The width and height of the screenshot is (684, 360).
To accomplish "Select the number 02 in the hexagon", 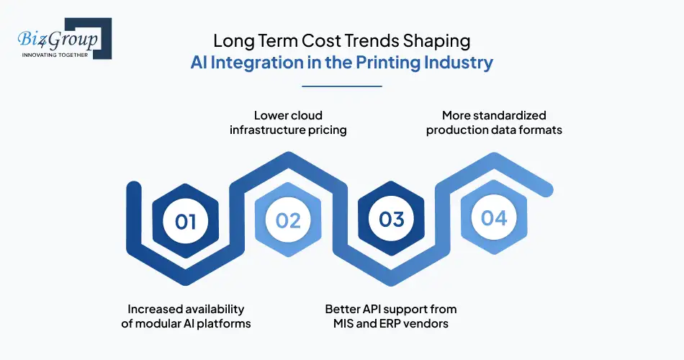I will coord(288,220).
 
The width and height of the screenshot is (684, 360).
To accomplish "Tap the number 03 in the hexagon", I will coord(391,220).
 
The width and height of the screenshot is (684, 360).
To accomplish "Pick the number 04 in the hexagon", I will coord(494,217).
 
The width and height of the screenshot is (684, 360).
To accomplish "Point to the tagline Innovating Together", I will coord(55,55).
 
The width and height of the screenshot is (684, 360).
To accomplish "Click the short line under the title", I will coord(341,86).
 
